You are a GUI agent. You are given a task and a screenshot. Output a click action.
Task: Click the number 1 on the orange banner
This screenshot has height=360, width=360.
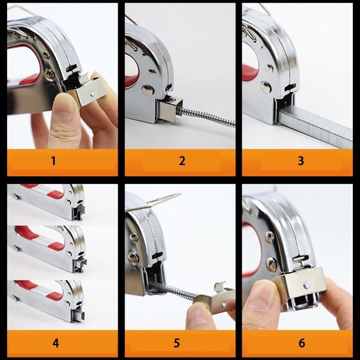pyautogui.click(x=53, y=161)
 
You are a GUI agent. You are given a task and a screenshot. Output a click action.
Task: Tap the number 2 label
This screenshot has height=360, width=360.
pyautogui.click(x=182, y=161)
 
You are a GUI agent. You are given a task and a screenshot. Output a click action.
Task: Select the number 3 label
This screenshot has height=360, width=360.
pyautogui.click(x=301, y=161)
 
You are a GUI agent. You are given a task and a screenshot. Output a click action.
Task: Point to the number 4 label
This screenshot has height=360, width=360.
pyautogui.click(x=56, y=343)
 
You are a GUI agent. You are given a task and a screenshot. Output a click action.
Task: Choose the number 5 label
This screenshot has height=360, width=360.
pyautogui.click(x=176, y=343)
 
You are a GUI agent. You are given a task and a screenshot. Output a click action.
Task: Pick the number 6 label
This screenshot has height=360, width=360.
pyautogui.click(x=302, y=343)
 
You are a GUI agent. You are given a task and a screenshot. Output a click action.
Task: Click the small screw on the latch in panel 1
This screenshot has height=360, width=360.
pyautogui.click(x=93, y=93)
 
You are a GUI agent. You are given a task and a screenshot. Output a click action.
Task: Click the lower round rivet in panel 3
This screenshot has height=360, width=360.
pyautogui.click(x=266, y=87)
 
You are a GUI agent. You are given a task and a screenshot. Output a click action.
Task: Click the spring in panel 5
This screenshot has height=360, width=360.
pyautogui.click(x=175, y=290)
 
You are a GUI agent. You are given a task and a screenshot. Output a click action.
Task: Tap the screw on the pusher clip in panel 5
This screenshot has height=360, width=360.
pyautogui.click(x=223, y=306)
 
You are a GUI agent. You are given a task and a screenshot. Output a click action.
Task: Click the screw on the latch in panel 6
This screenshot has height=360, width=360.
pyautogui.click(x=307, y=286)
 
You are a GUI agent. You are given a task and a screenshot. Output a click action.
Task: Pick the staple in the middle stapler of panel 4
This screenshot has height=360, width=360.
pyautogui.click(x=83, y=261)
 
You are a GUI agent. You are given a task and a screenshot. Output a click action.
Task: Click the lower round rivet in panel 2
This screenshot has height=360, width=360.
pyautogui.click(x=147, y=90)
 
